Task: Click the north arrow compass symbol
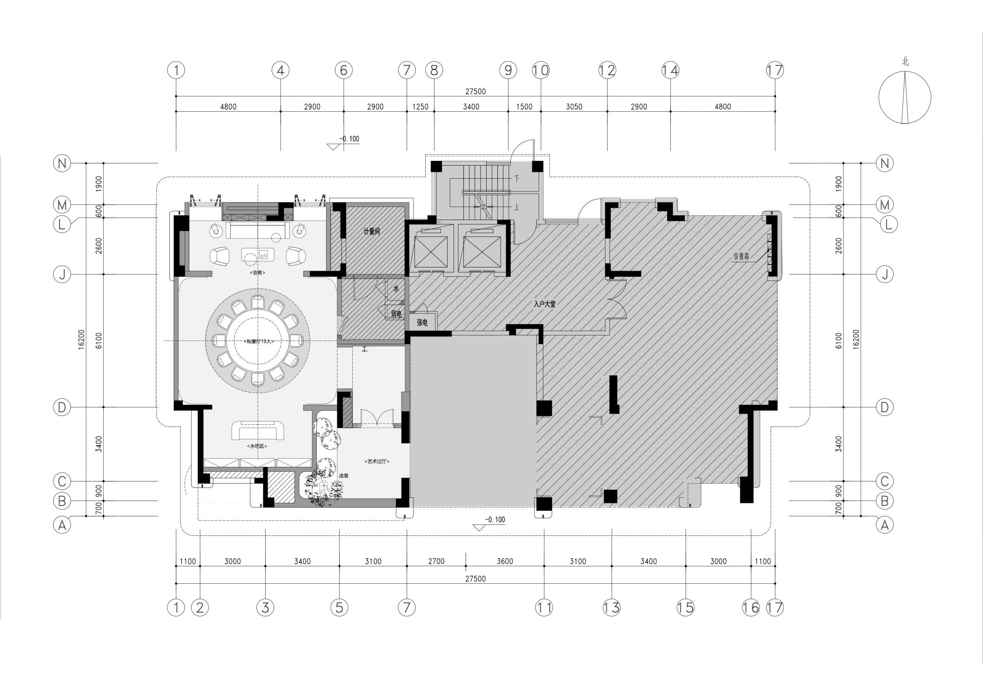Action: pyautogui.click(x=904, y=98)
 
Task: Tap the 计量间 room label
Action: pyautogui.click(x=372, y=231)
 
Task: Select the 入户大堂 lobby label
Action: pyautogui.click(x=544, y=304)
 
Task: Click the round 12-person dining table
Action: pyautogui.click(x=258, y=341)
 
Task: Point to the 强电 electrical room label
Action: pyautogui.click(x=422, y=322)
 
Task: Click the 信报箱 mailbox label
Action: pyautogui.click(x=741, y=256)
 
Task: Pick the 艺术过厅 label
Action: pyautogui.click(x=376, y=461)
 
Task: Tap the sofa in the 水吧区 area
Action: pyautogui.click(x=258, y=430)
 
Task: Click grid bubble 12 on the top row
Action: pyautogui.click(x=607, y=70)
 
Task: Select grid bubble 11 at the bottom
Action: pyautogui.click(x=544, y=607)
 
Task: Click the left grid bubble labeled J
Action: pyautogui.click(x=62, y=274)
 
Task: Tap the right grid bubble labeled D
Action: pyautogui.click(x=884, y=408)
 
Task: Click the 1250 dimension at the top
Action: pyautogui.click(x=420, y=107)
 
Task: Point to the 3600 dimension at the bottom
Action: pyautogui.click(x=505, y=561)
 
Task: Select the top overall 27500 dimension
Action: pyautogui.click(x=475, y=92)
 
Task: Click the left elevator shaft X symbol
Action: pyautogui.click(x=431, y=248)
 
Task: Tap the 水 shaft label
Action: pyautogui.click(x=396, y=289)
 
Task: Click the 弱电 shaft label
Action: pyautogui.click(x=396, y=314)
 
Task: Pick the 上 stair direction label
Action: pyautogui.click(x=516, y=208)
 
